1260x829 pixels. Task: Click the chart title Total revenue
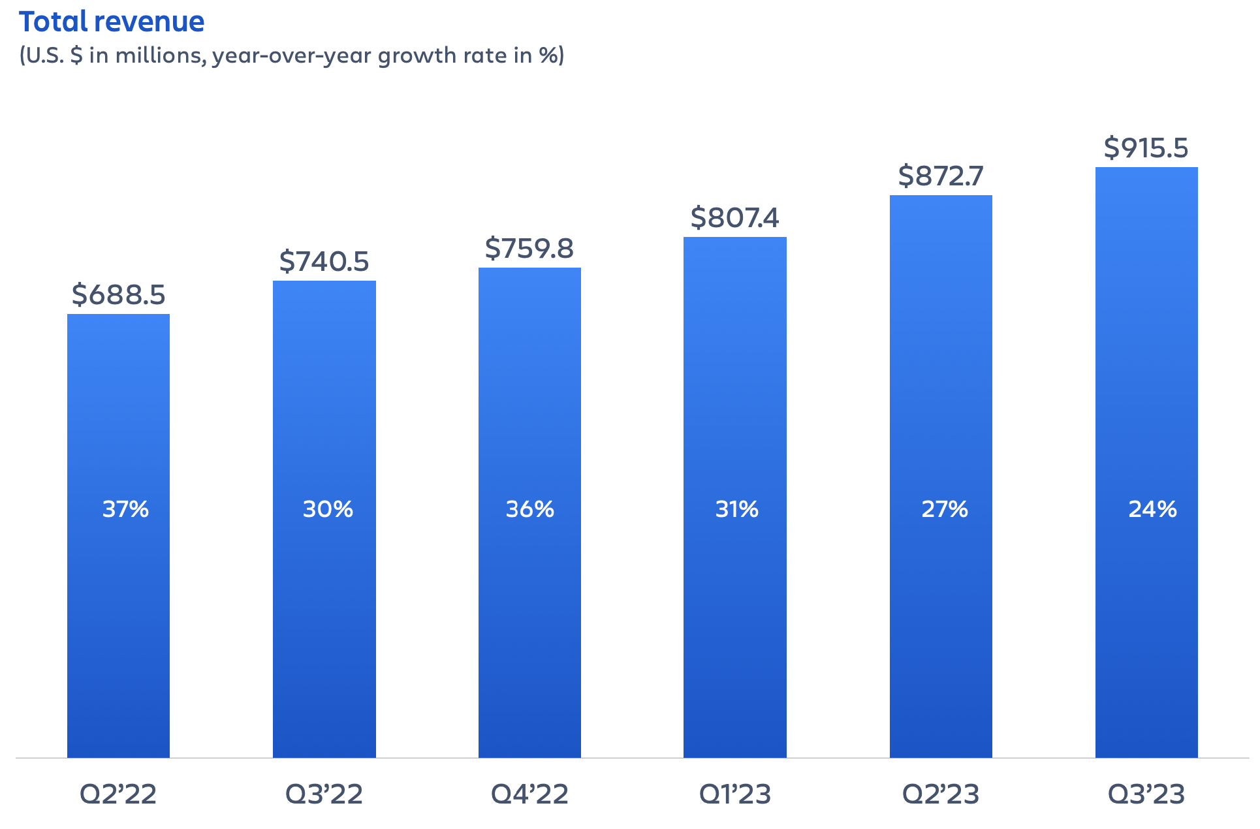[x=112, y=22]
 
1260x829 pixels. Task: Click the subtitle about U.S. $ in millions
[x=291, y=55]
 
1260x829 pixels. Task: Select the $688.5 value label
[x=118, y=294]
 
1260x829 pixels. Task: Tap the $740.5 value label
[x=324, y=261]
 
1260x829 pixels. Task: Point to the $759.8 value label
[x=529, y=248]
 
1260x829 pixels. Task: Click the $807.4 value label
[x=734, y=217]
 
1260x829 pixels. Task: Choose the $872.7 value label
[x=940, y=176]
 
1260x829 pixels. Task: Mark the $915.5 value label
[x=1146, y=148]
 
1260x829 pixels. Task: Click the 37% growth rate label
[x=125, y=509]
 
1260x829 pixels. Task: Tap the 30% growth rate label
[x=328, y=509]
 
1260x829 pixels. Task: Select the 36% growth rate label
[x=529, y=509]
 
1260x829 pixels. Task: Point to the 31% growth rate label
[x=736, y=509]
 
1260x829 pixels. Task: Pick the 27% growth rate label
[x=944, y=509]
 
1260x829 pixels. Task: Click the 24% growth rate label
[x=1152, y=509]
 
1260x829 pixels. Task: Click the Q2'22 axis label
[x=118, y=794]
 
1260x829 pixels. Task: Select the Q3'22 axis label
[x=324, y=794]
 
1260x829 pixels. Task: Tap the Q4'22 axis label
[x=529, y=794]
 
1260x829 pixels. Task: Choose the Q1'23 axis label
[x=734, y=794]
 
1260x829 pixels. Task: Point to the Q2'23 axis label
[x=940, y=794]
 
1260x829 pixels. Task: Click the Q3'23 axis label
[x=1146, y=794]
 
